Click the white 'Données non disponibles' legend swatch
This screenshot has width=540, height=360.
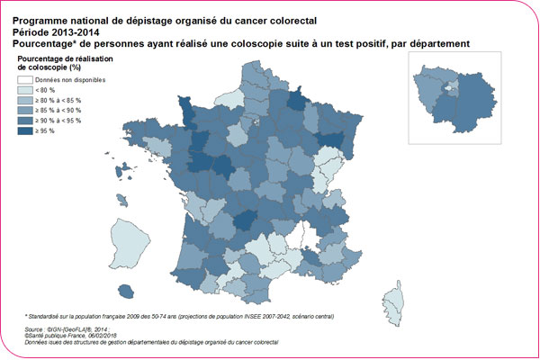[x=24, y=80]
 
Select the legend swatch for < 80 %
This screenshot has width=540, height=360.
[x=24, y=90]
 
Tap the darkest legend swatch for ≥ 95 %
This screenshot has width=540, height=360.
[x=24, y=130]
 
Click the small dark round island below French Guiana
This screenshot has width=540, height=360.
[x=131, y=290]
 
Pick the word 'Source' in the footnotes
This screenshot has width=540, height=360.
[x=36, y=330]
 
